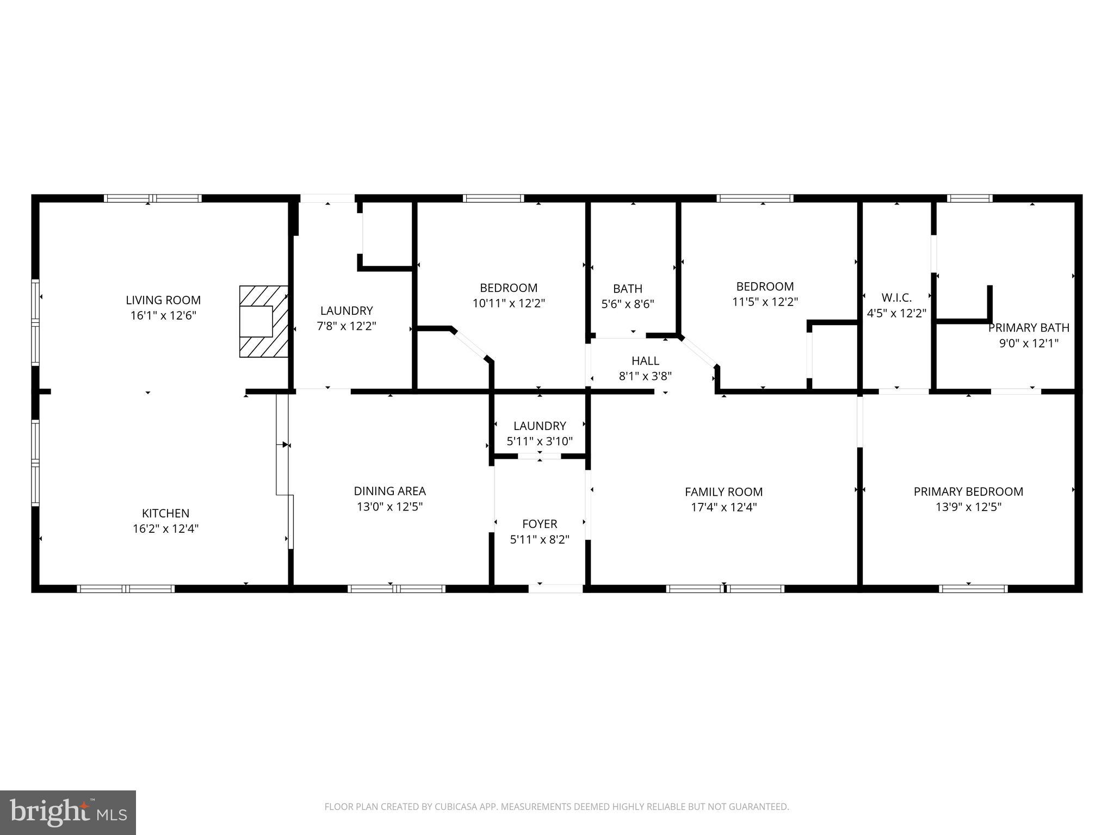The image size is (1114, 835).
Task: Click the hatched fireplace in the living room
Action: point(264,321)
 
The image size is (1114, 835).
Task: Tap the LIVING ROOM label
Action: point(163,300)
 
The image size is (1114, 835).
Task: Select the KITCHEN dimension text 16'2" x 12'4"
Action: point(165,528)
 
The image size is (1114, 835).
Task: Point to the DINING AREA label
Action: point(389,491)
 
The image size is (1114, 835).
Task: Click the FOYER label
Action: point(540,524)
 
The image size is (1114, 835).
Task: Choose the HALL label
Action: point(645,360)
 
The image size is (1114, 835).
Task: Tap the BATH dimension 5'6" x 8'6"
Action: point(628,304)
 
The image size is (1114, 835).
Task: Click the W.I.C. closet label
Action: point(896,297)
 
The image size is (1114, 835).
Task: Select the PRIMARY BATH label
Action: point(1029,328)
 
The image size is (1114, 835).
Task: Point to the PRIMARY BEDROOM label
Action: point(968,491)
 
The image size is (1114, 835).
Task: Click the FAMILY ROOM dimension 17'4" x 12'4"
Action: point(723,507)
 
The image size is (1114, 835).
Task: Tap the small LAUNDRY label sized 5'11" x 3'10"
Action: point(540,426)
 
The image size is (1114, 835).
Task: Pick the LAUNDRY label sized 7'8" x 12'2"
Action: point(346,310)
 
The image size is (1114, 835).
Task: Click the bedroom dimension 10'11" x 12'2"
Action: point(509,303)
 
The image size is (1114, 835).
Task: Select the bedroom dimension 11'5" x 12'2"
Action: point(765,302)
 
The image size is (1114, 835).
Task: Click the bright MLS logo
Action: point(68,813)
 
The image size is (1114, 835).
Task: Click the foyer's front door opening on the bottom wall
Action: point(556,588)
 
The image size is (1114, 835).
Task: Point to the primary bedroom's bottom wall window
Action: point(973,588)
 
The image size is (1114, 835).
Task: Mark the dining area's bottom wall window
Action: point(397,588)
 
